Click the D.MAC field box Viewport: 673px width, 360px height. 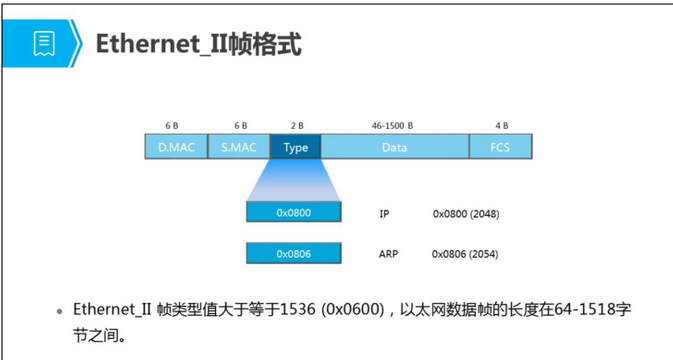tap(176, 147)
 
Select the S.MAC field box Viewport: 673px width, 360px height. tap(239, 147)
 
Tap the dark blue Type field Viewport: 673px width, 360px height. tap(296, 147)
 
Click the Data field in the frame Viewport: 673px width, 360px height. tap(394, 147)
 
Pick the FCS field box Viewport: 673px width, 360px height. tap(501, 147)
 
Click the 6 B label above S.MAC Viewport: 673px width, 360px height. tap(240, 126)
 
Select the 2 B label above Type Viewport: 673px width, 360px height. tap(296, 126)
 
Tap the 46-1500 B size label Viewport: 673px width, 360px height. tap(392, 126)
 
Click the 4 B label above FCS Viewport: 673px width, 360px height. tap(501, 126)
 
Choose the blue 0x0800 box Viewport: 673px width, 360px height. tap(293, 213)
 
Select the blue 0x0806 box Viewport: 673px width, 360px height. tap(293, 254)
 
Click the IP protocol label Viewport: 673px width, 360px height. tap(384, 214)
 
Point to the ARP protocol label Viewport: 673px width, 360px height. tap(388, 255)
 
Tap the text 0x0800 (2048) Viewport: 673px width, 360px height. tap(466, 214)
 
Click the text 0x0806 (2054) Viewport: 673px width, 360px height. tap(466, 255)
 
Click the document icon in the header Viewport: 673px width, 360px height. tap(43, 44)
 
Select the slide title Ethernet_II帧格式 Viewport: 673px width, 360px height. tap(198, 45)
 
